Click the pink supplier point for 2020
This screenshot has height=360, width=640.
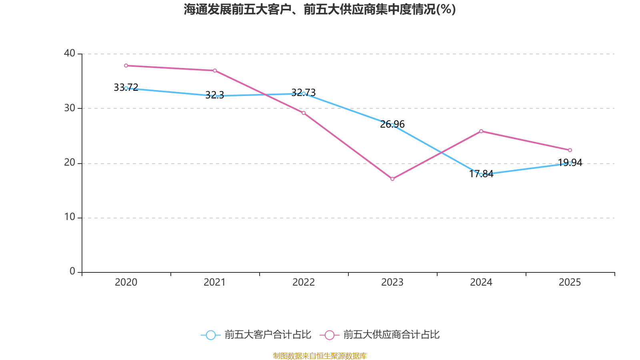click(126, 66)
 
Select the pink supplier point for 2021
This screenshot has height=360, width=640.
click(215, 71)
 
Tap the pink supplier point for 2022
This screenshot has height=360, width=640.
click(304, 113)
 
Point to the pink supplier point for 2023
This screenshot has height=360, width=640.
click(392, 179)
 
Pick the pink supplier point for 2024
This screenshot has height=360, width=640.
click(481, 131)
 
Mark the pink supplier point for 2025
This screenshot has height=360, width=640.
click(570, 150)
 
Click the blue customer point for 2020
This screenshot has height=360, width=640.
click(126, 88)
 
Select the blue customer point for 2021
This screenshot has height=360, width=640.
click(215, 96)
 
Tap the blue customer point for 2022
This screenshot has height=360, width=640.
click(304, 94)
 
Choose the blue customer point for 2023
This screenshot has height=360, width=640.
click(392, 125)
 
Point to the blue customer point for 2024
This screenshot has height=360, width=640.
click(481, 175)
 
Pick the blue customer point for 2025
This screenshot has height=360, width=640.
click(570, 163)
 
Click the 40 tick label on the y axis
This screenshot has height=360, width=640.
click(70, 53)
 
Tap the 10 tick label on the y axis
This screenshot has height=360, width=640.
click(70, 217)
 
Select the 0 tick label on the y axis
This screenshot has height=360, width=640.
click(72, 272)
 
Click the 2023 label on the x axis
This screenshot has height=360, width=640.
click(392, 282)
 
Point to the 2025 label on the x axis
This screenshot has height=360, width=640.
click(570, 282)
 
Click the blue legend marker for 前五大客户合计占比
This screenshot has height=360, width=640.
click(211, 335)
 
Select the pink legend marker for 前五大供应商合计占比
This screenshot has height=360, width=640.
click(330, 335)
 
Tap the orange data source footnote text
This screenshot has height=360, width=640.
click(320, 356)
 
